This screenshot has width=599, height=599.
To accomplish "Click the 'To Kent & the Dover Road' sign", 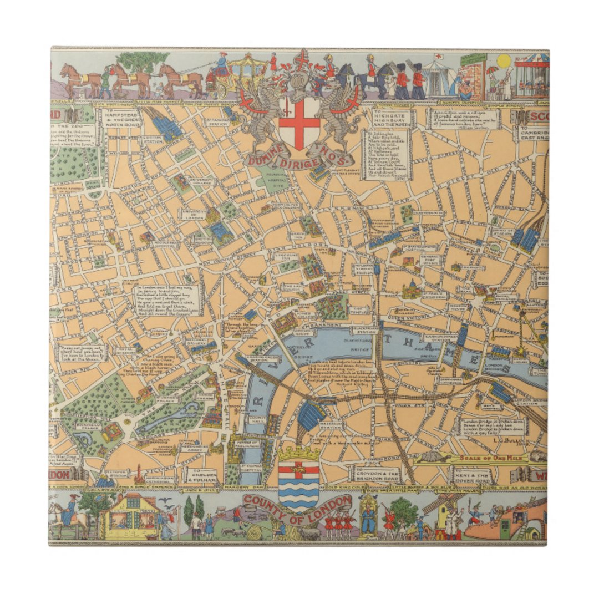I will click(471, 475).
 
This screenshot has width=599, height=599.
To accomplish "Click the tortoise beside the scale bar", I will click(435, 458).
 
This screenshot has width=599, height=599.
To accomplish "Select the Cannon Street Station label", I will click(439, 339).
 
